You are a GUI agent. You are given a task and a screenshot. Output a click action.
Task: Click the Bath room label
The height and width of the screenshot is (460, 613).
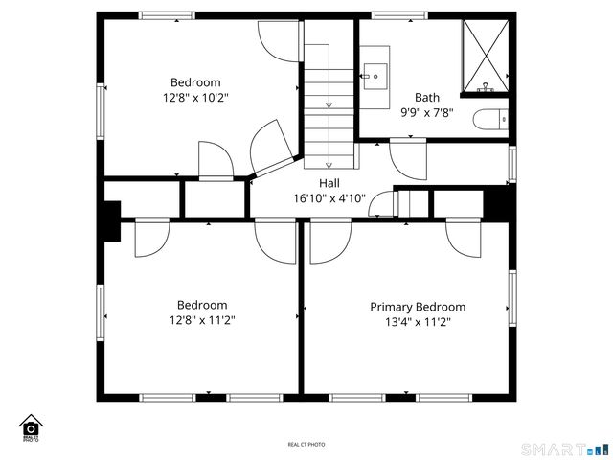[426, 97]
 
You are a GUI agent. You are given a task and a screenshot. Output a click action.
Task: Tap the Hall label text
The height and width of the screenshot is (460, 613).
[329, 183]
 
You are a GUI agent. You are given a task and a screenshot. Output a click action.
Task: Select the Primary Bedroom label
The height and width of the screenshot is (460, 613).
[418, 307]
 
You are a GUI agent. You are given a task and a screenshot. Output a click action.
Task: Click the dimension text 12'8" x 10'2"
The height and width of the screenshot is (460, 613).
[195, 98]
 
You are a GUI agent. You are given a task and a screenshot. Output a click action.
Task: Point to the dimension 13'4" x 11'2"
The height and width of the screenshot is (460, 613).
[418, 322]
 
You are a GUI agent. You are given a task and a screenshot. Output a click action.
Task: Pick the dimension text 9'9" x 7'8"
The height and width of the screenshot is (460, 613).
[426, 112]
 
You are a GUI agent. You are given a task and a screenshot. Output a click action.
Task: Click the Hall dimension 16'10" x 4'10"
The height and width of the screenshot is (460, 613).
[329, 198]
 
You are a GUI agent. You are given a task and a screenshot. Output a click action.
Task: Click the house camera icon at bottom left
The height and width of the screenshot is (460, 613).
[31, 427]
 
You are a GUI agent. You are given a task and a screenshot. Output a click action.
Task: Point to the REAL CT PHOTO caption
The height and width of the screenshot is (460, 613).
[306, 445]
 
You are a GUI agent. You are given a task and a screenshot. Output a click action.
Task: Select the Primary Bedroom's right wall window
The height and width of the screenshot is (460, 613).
[512, 298]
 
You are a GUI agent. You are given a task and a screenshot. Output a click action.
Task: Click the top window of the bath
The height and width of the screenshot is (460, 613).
[398, 15]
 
